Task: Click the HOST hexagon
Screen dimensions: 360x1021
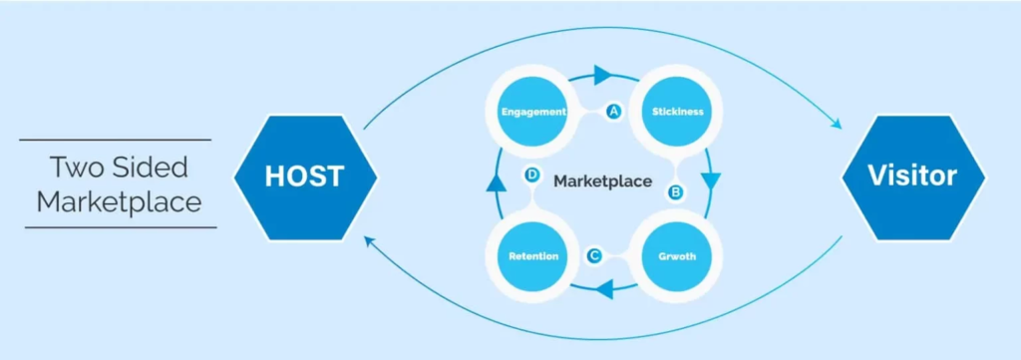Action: (304, 178)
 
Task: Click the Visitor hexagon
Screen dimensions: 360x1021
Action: (912, 178)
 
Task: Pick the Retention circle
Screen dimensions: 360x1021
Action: (534, 256)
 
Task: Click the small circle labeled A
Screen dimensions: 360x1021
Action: (614, 112)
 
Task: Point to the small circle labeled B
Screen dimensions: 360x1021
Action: (675, 190)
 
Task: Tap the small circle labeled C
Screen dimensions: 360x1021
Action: (594, 256)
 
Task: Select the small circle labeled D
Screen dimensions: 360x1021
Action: (532, 176)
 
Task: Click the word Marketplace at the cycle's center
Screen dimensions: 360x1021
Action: (602, 181)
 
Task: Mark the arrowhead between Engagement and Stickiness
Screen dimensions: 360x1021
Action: (601, 74)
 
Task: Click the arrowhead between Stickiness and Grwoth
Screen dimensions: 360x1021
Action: (710, 181)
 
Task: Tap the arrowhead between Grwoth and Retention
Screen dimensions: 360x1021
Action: (604, 291)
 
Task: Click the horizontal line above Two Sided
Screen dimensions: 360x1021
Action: (115, 140)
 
